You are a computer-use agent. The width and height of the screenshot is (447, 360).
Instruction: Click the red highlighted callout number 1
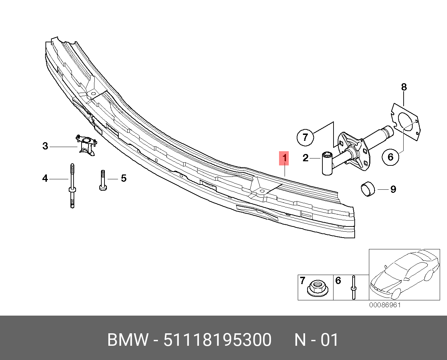coord(284,158)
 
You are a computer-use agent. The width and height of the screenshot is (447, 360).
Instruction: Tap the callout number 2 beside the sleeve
coord(305,158)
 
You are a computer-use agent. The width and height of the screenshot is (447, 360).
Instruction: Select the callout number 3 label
coord(45,146)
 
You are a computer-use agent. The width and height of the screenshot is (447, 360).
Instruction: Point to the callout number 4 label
coord(45,178)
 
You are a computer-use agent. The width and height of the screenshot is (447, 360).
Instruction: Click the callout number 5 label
coord(124,178)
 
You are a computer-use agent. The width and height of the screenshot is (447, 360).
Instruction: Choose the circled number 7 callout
coord(305,137)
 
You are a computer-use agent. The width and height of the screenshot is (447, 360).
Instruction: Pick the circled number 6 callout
coord(390,157)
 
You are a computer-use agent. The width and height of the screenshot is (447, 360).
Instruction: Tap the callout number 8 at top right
coord(404,87)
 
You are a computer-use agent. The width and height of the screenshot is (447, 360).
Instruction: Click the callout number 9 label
coord(393,189)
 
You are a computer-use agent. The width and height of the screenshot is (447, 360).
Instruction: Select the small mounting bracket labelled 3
coord(86,145)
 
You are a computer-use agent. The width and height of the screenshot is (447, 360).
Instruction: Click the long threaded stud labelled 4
coord(72,186)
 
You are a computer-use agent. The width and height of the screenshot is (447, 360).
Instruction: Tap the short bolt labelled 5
coord(103,180)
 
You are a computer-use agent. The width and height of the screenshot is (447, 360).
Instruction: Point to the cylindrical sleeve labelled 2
coord(327,163)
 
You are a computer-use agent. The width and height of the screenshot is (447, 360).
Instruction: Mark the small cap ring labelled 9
coord(368,189)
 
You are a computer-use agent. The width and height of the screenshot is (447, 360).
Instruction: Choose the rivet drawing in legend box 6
coord(354,287)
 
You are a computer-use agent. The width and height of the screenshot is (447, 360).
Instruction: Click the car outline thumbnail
coord(404,274)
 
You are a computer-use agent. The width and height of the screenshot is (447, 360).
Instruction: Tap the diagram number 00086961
coord(385,305)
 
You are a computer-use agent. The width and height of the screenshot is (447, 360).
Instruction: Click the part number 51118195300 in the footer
coord(218,340)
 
